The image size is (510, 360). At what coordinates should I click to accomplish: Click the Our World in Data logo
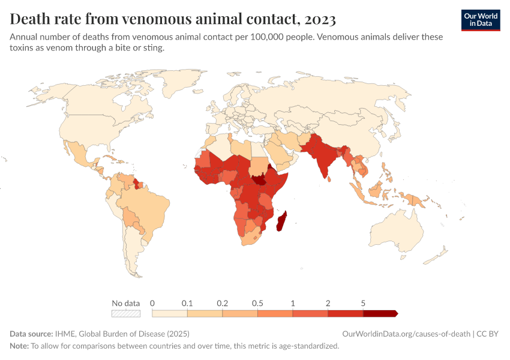pos(481,20)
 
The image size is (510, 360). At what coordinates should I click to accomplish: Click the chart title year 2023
pos(320,19)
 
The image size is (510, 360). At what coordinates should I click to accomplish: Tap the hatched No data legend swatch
pos(126,313)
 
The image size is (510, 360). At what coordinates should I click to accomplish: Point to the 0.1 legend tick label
pos(187,303)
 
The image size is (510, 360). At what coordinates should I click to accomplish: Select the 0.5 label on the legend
pos(257,303)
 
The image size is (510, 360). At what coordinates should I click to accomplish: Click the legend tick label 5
pos(363,303)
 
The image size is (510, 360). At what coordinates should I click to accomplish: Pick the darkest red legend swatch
pos(379,313)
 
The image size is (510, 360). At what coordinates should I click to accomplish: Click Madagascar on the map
pos(281,221)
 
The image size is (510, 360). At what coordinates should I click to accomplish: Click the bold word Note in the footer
pos(19,346)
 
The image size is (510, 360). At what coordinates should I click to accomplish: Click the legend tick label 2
pos(328,303)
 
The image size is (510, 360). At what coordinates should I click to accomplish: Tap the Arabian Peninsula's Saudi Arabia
pos(278,153)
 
